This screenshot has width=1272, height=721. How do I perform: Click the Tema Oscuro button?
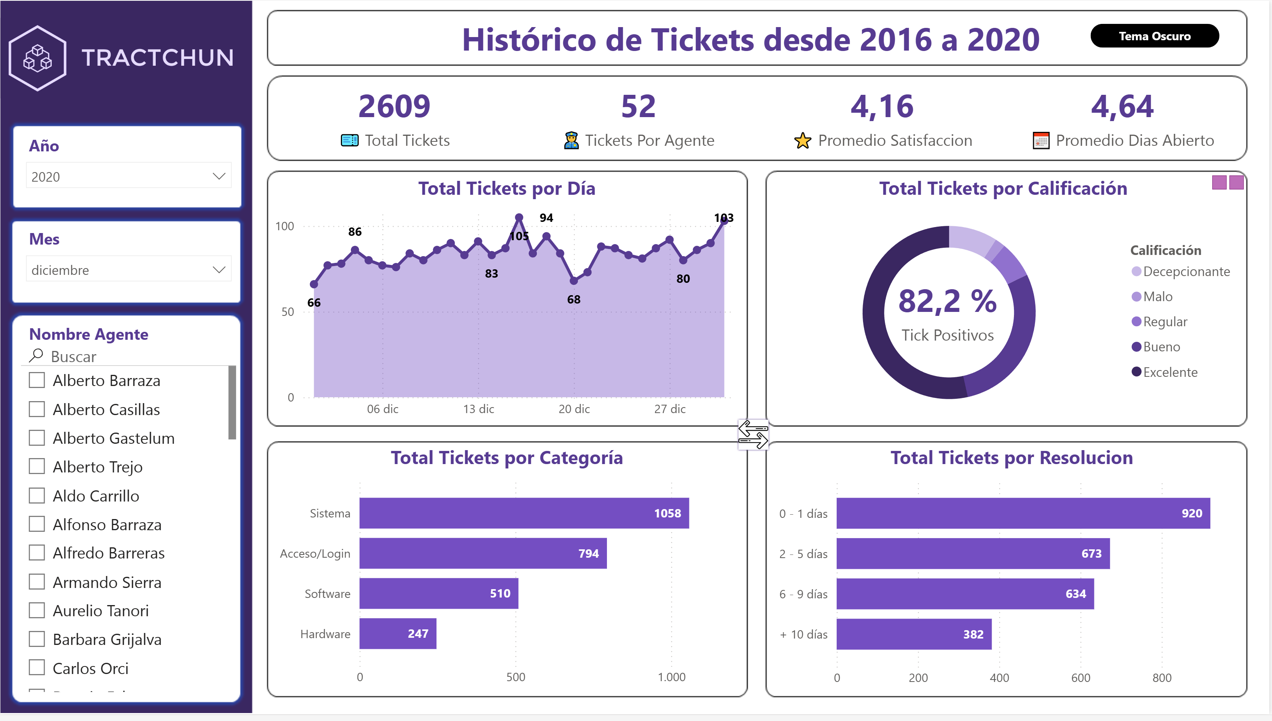coord(1154,36)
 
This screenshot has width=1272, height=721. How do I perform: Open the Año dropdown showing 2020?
coord(128,176)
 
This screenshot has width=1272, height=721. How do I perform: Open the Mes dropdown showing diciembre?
coord(128,270)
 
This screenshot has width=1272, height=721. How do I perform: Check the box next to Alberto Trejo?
coord(37,466)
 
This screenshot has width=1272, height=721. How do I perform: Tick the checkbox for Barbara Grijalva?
coord(37,639)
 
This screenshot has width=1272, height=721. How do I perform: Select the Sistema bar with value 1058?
coord(524,513)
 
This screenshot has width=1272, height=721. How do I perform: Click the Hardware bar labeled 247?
coord(397,633)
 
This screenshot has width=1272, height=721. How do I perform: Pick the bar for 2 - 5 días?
coord(973,553)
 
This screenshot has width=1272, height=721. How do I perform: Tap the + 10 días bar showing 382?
coord(914,634)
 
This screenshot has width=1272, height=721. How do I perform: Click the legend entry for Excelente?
coord(1170,372)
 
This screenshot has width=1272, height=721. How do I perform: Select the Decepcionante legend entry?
coord(1186,271)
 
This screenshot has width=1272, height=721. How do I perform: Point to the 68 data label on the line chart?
coord(573,299)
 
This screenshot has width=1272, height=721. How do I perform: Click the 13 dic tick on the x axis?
coord(479,409)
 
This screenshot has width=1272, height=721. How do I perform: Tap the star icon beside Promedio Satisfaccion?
coord(802,141)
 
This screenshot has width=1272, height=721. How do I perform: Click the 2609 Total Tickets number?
coord(395,106)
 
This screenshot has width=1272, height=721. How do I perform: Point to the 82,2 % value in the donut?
coord(947,301)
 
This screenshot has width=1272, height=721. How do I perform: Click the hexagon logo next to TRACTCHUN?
coord(37,58)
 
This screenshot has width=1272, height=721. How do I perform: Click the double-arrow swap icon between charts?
coord(753,434)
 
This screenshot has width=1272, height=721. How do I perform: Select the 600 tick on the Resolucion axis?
coord(1080,678)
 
